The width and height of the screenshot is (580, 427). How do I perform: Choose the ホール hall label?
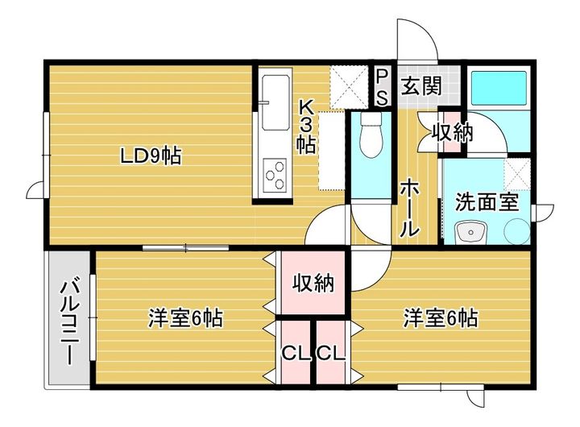click(x=409, y=206)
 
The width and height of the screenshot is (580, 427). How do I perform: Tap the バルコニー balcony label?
click(x=70, y=321)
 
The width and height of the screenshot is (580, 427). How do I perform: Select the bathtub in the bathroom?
click(x=498, y=87)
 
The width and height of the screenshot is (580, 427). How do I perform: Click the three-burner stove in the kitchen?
click(x=275, y=172)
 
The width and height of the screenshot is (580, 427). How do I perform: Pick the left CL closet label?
click(x=294, y=353)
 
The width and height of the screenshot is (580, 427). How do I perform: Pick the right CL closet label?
click(x=330, y=353)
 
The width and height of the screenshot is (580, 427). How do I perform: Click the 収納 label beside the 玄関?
click(x=453, y=132)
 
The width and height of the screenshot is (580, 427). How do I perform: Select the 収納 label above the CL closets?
click(x=313, y=283)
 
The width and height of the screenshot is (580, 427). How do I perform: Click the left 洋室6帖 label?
click(x=185, y=318)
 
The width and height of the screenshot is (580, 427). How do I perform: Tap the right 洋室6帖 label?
click(x=441, y=318)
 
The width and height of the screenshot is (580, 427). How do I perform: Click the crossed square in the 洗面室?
click(x=516, y=172)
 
